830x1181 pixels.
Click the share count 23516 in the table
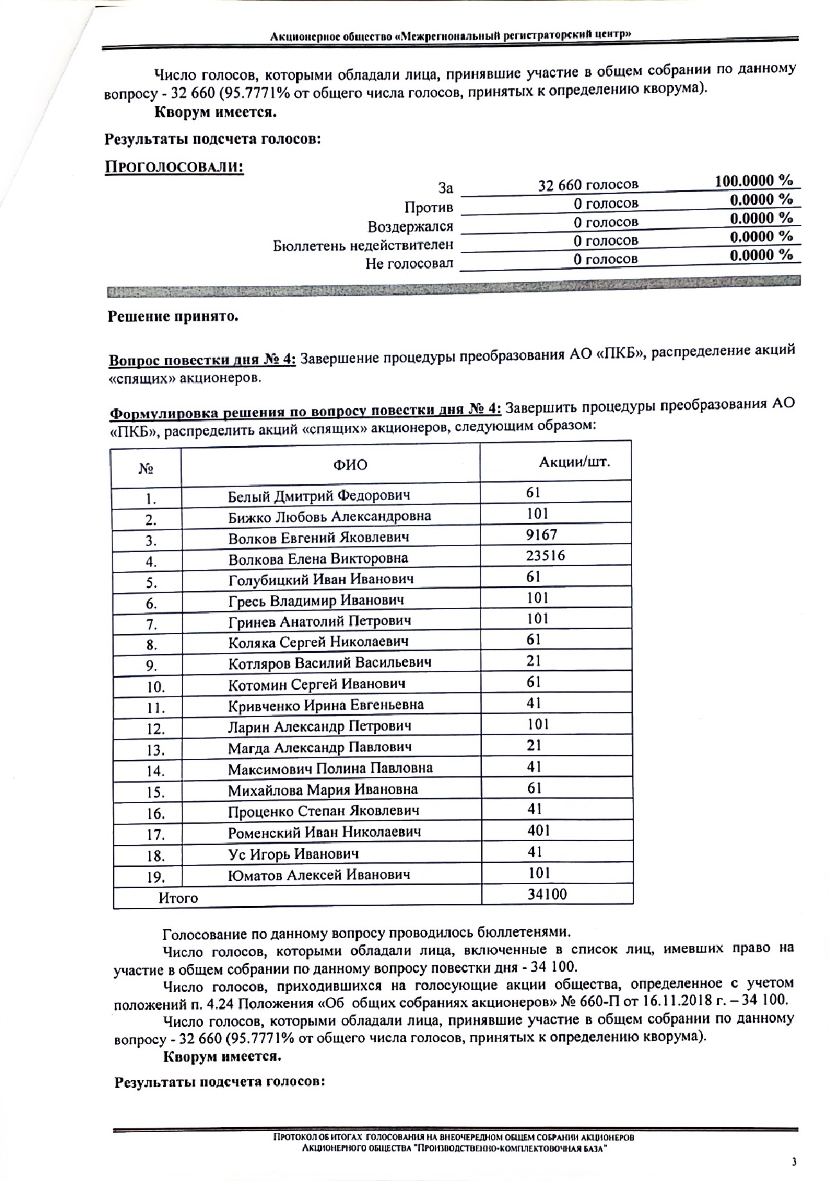point(545,556)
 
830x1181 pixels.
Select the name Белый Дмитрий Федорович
point(319,495)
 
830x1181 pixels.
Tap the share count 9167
point(541,535)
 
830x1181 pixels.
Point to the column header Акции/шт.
point(574,462)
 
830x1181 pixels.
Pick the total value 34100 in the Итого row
point(547,893)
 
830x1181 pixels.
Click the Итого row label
point(178,898)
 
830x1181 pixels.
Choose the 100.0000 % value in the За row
point(754,181)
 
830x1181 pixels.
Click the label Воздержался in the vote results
point(410,227)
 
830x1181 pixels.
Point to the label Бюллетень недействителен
point(363,245)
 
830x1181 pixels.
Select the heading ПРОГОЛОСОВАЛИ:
point(174,167)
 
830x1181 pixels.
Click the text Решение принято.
point(172,317)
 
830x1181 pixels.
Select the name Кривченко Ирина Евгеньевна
point(326,705)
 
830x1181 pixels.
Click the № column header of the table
point(146,469)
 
